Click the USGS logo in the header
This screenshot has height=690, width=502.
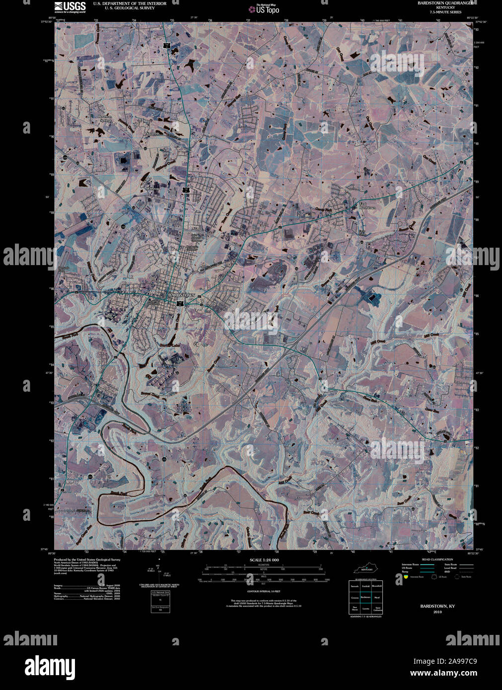pyautogui.click(x=70, y=6)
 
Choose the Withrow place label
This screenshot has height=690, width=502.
pyautogui.click(x=153, y=189)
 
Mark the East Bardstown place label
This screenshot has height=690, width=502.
pyautogui.click(x=367, y=206)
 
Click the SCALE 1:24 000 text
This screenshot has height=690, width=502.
pyautogui.click(x=264, y=560)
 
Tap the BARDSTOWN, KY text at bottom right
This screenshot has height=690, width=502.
pyautogui.click(x=437, y=606)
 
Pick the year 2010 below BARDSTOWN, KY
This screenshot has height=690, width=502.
pyautogui.click(x=437, y=612)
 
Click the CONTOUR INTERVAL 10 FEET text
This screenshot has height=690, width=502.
pyautogui.click(x=264, y=592)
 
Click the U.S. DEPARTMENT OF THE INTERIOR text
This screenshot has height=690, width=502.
pyautogui.click(x=130, y=3)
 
